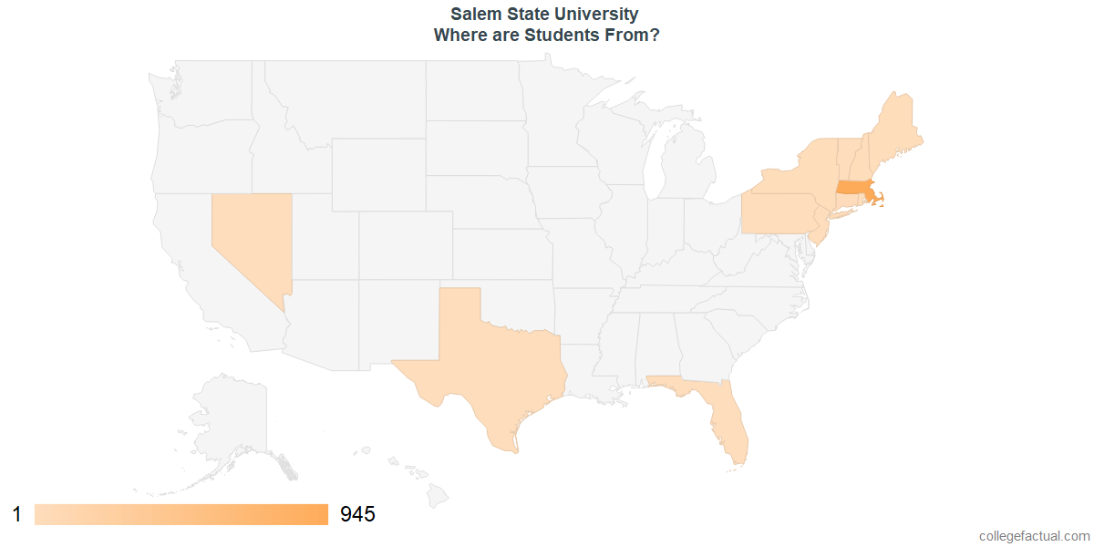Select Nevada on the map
pos(249,237)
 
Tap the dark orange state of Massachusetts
pos(852,188)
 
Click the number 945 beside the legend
pos(357,514)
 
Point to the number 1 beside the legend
pos(16,514)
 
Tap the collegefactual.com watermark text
pos(1034,536)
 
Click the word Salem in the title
pos(472,15)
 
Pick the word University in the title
pos(593,15)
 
